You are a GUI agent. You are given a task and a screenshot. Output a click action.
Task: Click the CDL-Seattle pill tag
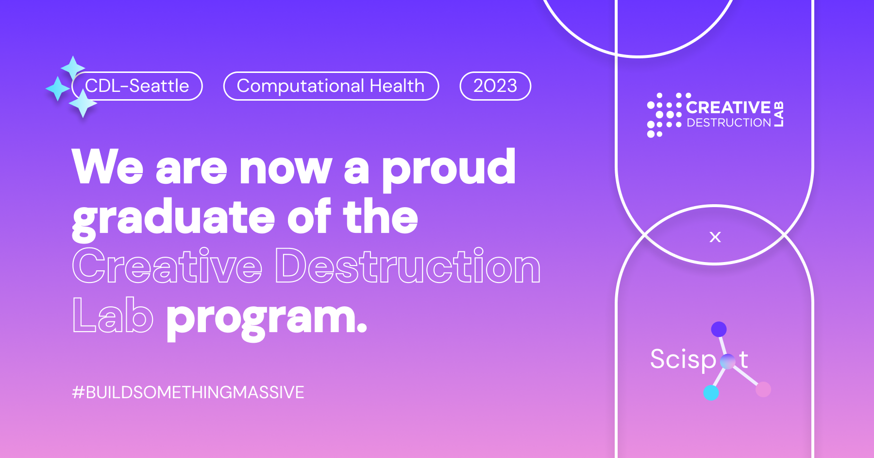(137, 86)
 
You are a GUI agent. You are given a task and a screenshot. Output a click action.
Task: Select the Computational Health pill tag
(331, 86)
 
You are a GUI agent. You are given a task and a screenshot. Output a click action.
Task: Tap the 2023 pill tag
(495, 86)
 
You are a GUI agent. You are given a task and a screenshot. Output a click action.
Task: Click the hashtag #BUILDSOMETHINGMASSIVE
(188, 392)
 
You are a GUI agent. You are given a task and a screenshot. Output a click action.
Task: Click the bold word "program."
(267, 319)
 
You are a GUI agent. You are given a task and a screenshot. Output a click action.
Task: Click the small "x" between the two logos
(715, 237)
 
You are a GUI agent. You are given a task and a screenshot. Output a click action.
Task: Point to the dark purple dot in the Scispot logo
(719, 329)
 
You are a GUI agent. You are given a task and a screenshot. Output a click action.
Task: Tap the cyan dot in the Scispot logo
(711, 392)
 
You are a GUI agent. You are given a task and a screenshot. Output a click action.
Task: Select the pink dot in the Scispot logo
(763, 389)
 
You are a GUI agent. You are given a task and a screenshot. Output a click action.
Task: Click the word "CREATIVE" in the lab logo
(728, 107)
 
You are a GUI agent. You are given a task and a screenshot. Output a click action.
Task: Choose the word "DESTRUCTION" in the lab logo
(729, 123)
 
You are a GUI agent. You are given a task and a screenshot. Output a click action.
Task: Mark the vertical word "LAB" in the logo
(779, 114)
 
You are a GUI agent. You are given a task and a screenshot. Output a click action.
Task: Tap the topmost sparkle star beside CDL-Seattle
(73, 68)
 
